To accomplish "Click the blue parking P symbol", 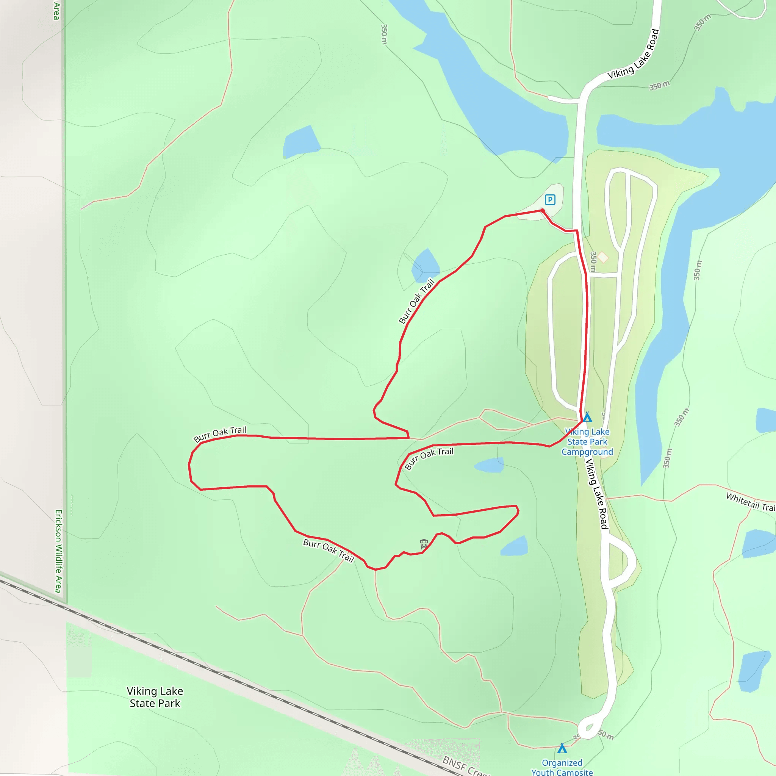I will point(550,200).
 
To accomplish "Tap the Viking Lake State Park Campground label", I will point(587,442).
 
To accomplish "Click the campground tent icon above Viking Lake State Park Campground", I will point(587,417).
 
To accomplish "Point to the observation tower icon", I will point(424,544).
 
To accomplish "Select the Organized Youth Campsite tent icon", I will point(562,748).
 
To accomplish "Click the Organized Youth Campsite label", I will point(562,767).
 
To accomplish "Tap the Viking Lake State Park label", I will point(155,697).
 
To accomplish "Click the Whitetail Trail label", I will point(750,502).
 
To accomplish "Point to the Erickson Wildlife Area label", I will point(59,551).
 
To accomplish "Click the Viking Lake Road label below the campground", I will point(596,494).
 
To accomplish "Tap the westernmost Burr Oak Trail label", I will point(220,434).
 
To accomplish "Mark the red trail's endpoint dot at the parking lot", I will point(543,210).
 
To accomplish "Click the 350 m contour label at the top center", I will point(384,34).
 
